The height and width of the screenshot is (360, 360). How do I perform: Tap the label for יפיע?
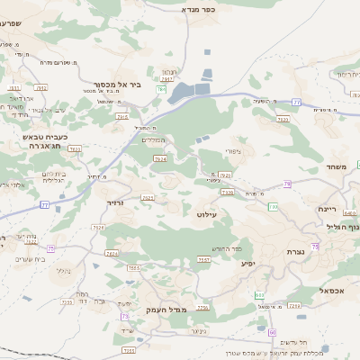coord(248,263)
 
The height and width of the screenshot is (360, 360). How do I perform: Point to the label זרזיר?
coord(115,203)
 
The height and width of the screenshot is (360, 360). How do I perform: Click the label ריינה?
coord(327,208)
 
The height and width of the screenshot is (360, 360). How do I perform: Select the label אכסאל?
coord(330,291)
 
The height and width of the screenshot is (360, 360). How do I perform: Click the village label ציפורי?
coord(231,152)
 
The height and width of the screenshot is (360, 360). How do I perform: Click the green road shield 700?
coord(274,207)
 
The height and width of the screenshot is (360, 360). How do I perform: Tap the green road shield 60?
coord(272,332)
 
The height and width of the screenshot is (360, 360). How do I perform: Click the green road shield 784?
coord(161,90)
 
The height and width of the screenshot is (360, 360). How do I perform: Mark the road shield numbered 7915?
coord(122,116)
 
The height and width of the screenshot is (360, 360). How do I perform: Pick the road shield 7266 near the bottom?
coord(202,308)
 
